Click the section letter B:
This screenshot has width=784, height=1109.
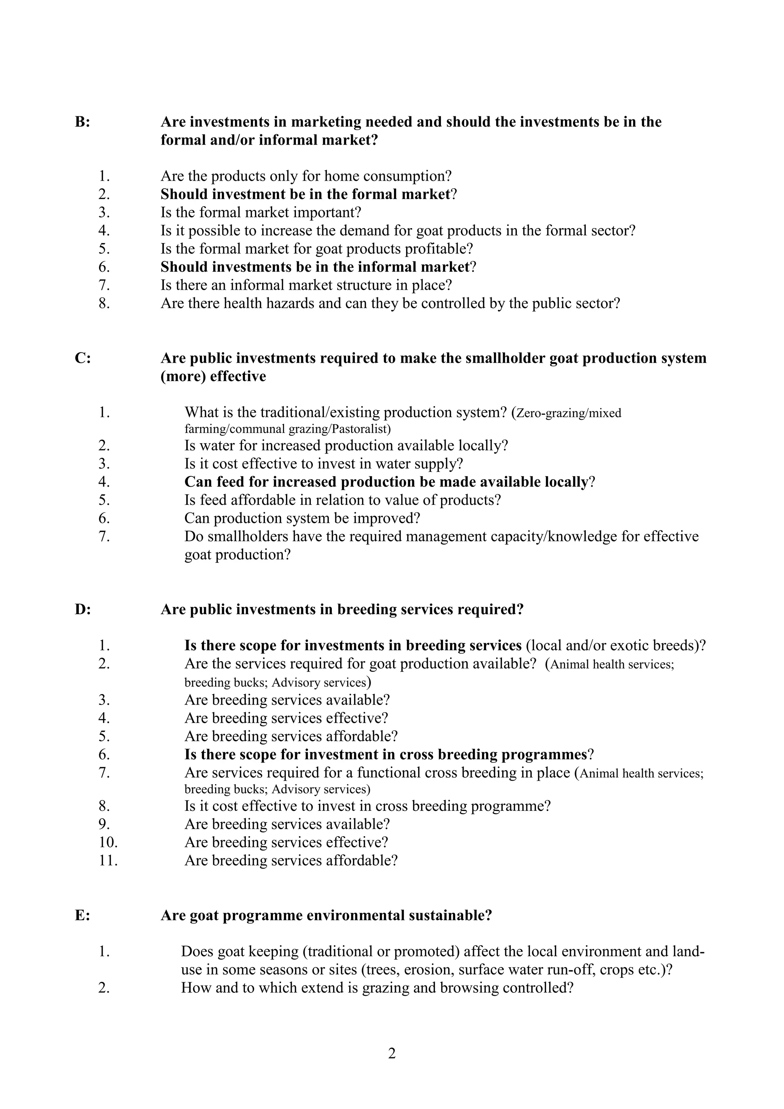pos(82,122)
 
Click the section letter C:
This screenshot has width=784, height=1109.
pos(83,359)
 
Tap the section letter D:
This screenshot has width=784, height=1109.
pos(83,610)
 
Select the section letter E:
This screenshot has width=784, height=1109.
pos(82,915)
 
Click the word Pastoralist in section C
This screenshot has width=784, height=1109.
pos(361,429)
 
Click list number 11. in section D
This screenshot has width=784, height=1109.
pos(108,860)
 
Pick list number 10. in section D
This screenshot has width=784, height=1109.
pos(108,842)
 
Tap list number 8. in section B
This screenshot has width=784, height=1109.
pos(105,303)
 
